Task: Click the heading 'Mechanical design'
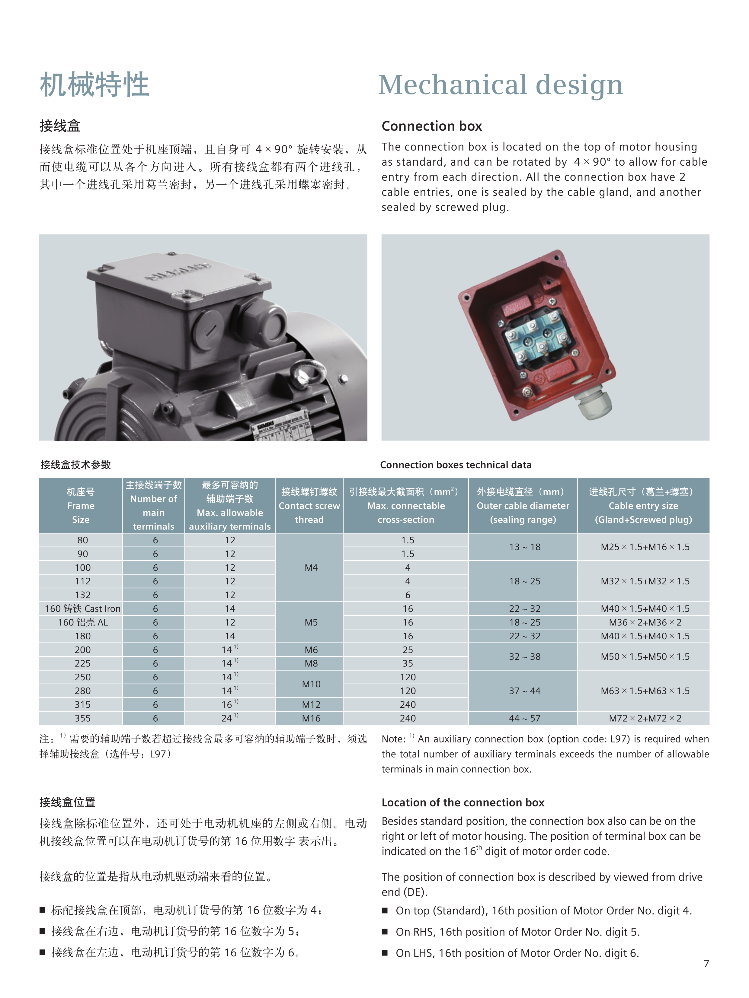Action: pyautogui.click(x=501, y=85)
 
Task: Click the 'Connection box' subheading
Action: pyautogui.click(x=432, y=126)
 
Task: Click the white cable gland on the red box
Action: pyautogui.click(x=594, y=404)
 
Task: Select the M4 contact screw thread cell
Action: pyautogui.click(x=311, y=567)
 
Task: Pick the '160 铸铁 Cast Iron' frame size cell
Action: pyautogui.click(x=83, y=609)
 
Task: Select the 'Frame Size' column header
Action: pyautogui.click(x=81, y=506)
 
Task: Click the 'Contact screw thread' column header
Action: pyautogui.click(x=309, y=506)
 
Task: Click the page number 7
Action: pyautogui.click(x=706, y=964)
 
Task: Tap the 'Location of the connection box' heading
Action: pyautogui.click(x=463, y=803)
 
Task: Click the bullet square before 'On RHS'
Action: pyautogui.click(x=385, y=932)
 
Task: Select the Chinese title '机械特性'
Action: pyautogui.click(x=94, y=85)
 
